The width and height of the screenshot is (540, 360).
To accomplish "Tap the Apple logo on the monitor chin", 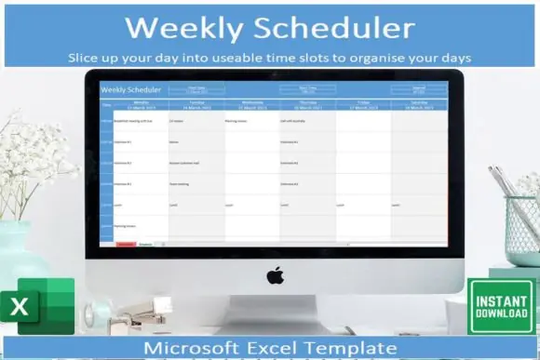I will [x=275, y=275].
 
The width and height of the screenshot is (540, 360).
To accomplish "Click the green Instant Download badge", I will [x=501, y=308].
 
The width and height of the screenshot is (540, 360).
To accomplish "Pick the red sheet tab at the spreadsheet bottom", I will [x=125, y=244].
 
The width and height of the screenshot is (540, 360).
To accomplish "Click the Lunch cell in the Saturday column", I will [x=397, y=205].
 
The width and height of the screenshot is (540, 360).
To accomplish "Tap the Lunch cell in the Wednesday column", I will [x=230, y=205].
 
